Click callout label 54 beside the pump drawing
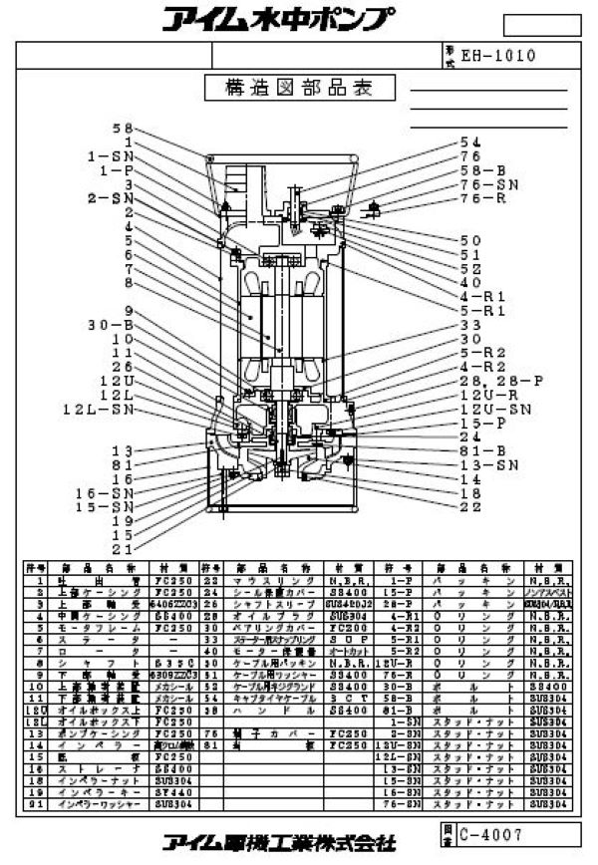click(469, 142)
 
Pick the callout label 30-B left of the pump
click(107, 325)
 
